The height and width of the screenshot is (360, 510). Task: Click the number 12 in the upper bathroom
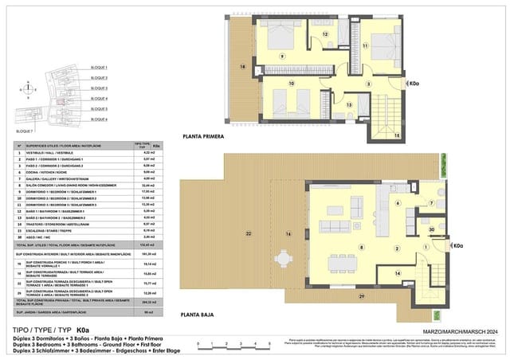(x=324, y=35)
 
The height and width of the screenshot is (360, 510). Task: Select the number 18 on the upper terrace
(x=242, y=68)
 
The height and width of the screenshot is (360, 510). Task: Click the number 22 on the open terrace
(x=249, y=233)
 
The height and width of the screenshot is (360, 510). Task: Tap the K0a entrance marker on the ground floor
(x=456, y=246)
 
